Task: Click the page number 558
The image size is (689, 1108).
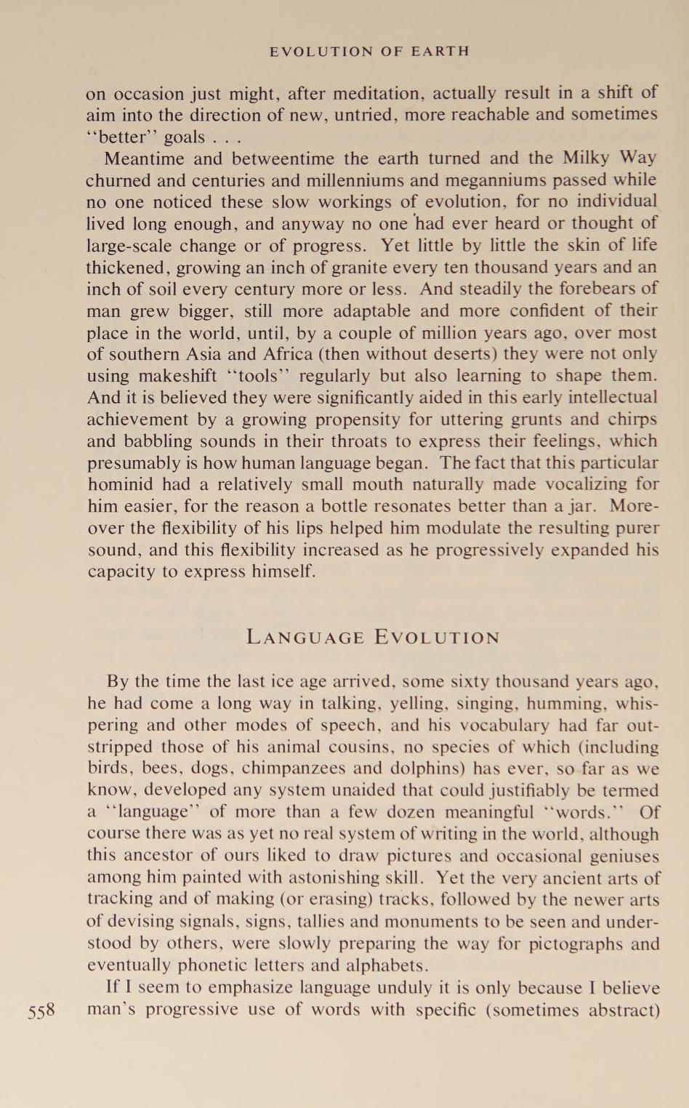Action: [41, 1011]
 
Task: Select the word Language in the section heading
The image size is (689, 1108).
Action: [304, 638]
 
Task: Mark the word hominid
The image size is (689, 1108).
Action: [118, 484]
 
